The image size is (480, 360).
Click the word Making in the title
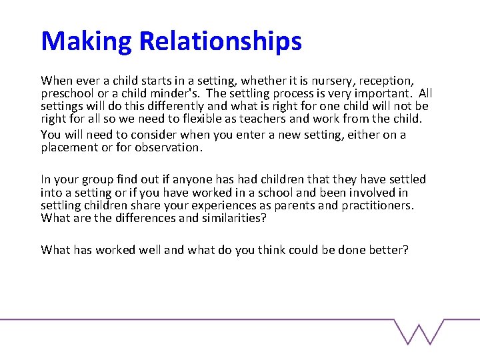87,41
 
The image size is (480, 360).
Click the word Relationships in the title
221,41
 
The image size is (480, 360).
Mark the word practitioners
377,205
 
